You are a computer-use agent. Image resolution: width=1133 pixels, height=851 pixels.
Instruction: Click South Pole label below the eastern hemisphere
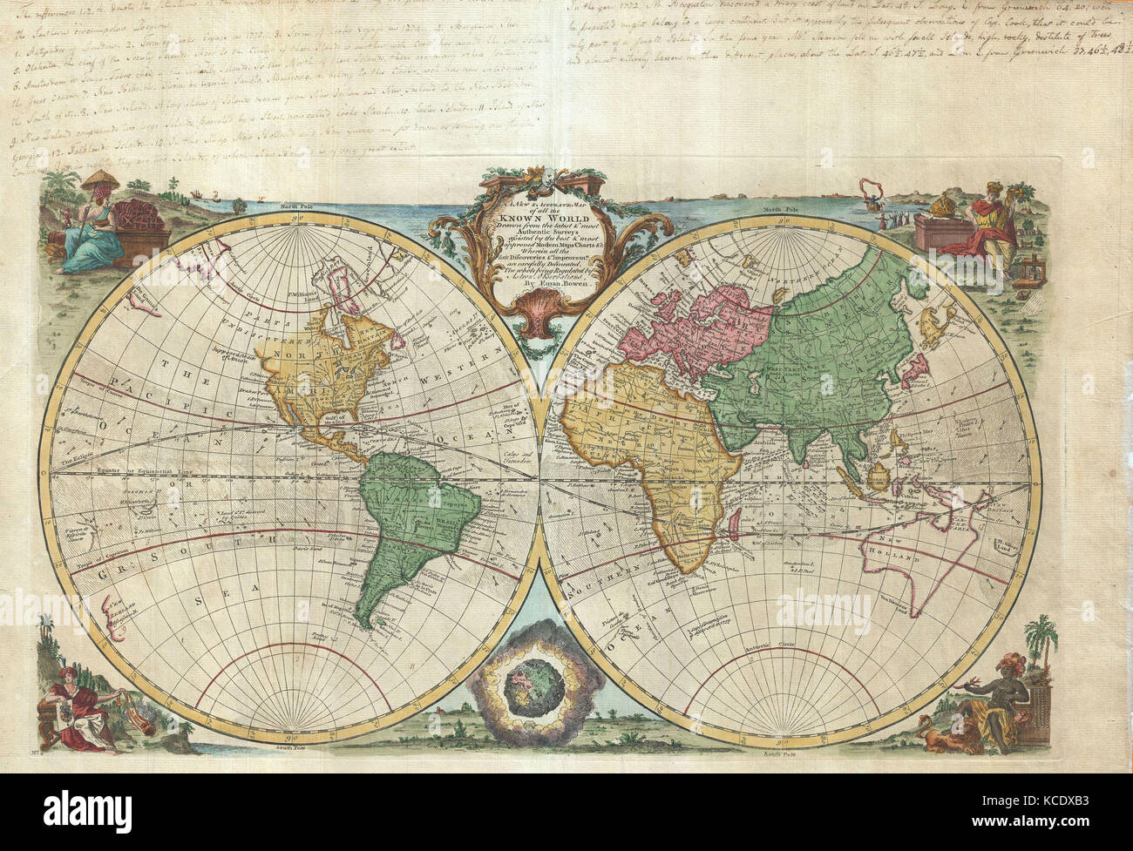coord(775,752)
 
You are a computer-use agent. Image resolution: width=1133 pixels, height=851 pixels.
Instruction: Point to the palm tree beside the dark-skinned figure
coord(1040,640)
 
